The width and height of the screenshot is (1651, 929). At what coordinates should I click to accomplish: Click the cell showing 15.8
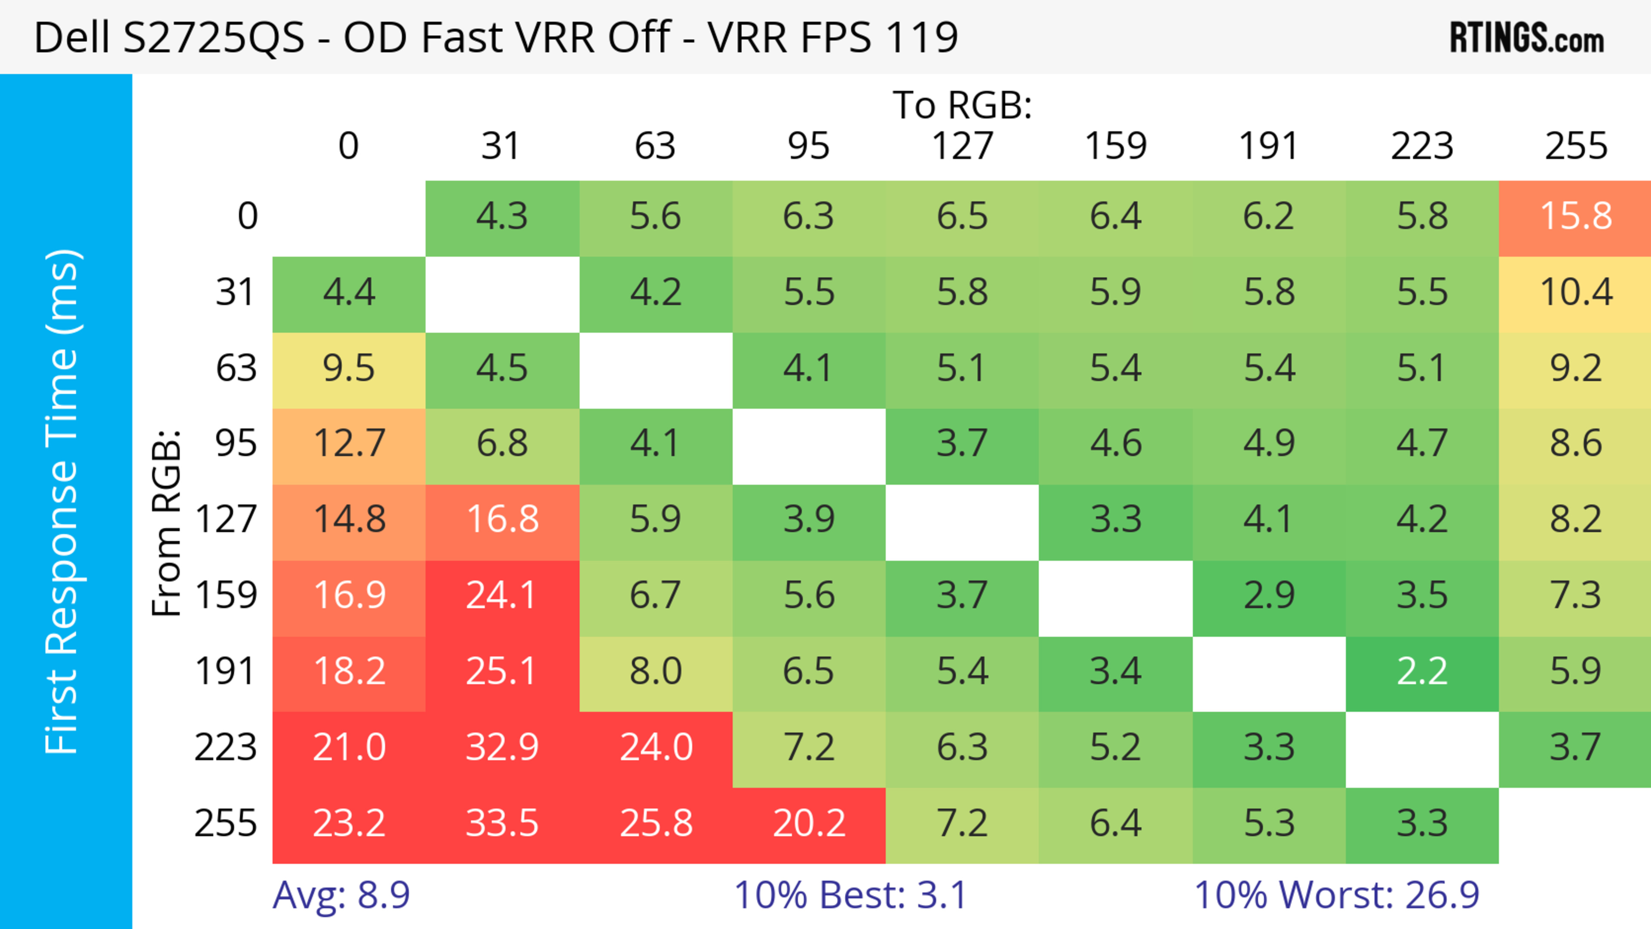coord(1575,217)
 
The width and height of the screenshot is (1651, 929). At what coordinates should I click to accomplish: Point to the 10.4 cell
coord(1575,293)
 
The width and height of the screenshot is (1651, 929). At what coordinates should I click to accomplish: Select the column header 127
coord(962,146)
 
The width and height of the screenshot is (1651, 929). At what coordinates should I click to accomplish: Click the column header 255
coord(1575,146)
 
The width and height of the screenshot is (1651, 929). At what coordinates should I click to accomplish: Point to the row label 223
coord(226,748)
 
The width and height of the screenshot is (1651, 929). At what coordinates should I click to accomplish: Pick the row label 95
coord(236,443)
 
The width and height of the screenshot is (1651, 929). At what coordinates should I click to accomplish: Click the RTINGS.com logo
coord(1527,38)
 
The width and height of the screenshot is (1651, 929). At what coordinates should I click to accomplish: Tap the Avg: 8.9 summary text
coord(341,895)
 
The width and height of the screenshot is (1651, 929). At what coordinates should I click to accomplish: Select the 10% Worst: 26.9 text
coord(1336,895)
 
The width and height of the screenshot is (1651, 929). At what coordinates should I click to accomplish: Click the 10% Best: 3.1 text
coord(850,895)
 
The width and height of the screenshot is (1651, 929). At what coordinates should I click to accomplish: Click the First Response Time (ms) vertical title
coord(62,502)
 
